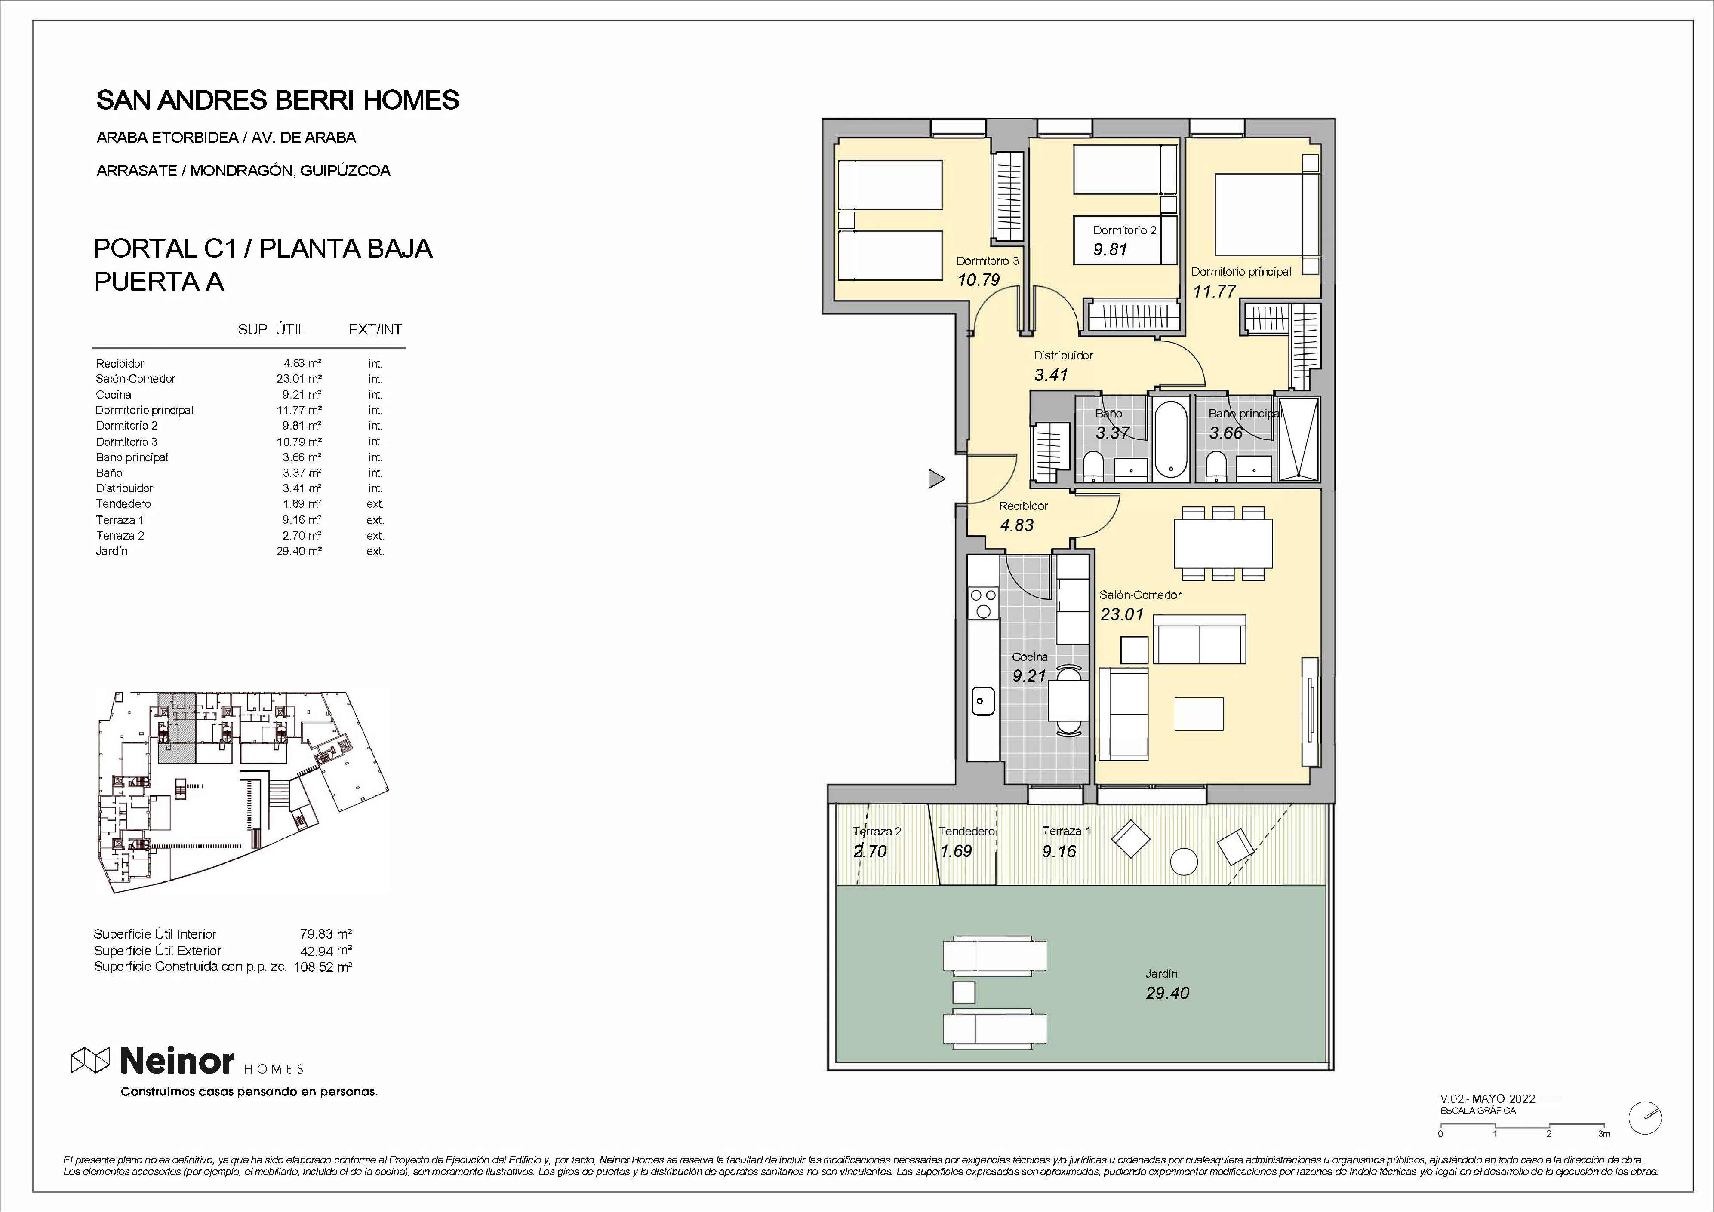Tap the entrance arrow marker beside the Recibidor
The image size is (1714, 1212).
pos(936,479)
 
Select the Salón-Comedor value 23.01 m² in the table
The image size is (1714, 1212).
pos(298,378)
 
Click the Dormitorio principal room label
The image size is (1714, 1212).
pos(1241,272)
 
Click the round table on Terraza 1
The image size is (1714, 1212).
pos(1184,861)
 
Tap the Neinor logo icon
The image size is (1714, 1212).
pos(90,1060)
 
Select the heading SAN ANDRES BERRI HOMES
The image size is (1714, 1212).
pos(278,100)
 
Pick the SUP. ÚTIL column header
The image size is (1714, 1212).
pos(272,329)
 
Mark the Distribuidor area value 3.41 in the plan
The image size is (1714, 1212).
pos(1051,374)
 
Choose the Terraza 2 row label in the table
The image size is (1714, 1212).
pos(120,535)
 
